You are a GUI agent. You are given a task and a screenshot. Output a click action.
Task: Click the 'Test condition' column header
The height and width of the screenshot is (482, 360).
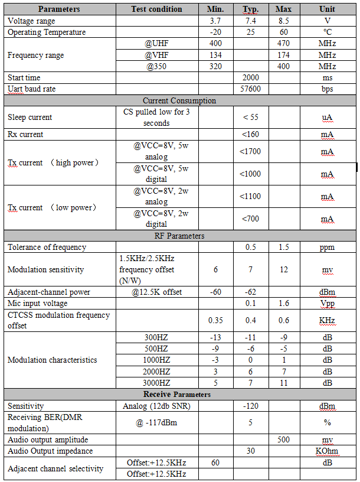click(157, 9)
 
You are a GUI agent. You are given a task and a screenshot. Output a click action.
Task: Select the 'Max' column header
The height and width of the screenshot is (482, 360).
click(283, 9)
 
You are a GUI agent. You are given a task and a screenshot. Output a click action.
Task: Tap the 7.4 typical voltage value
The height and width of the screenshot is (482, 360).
click(250, 21)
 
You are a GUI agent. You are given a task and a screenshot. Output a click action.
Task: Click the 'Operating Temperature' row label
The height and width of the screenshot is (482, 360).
click(47, 32)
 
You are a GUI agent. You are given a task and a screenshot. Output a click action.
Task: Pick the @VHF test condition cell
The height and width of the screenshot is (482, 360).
click(157, 55)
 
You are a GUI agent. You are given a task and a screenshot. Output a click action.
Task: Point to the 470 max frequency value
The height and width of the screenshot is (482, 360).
click(283, 44)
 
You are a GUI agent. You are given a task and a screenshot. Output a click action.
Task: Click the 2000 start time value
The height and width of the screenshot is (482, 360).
click(250, 77)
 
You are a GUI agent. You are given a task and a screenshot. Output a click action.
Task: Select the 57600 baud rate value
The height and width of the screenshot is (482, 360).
click(250, 89)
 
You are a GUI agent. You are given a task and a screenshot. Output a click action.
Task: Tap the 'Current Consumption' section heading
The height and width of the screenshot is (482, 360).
click(179, 100)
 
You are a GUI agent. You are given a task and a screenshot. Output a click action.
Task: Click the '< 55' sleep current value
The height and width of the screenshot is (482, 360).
click(250, 117)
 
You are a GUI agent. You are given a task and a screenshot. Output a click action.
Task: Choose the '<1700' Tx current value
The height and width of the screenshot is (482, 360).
click(250, 151)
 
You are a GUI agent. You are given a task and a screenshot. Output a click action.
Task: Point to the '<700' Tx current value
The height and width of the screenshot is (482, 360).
click(250, 219)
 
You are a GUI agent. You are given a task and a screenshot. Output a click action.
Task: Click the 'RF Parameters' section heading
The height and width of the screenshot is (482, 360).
click(179, 236)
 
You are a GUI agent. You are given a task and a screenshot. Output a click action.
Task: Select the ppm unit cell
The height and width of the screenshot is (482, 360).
click(327, 247)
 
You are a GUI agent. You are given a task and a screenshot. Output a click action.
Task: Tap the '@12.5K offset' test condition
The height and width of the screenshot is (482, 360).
click(157, 292)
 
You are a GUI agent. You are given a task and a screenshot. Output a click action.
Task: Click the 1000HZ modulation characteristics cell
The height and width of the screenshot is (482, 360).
click(157, 360)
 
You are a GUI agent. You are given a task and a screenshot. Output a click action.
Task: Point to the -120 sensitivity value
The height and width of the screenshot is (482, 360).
click(250, 406)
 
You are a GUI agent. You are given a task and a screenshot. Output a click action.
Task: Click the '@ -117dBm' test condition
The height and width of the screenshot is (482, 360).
click(157, 422)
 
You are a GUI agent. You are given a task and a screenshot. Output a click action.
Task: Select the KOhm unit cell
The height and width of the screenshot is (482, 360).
click(327, 451)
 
